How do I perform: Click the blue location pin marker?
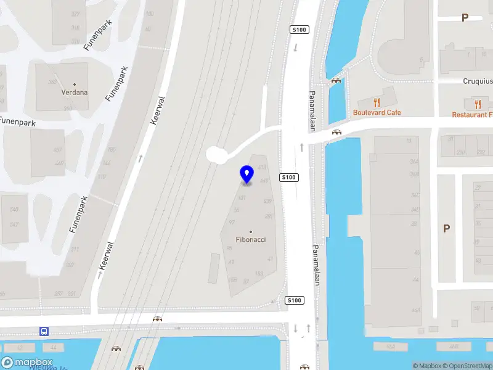coord(247,174)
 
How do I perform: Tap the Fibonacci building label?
coord(251,239)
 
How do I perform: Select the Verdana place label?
coord(75,92)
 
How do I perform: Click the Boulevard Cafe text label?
coord(377,113)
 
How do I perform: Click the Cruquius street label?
coord(478,81)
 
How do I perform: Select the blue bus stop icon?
coord(44,331)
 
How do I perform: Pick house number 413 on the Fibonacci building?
coord(262,168)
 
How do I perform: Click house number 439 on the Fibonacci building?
coord(267,202)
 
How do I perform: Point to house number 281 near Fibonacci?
coord(269,216)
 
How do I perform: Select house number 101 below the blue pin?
coord(242,198)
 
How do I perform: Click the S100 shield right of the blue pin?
coord(288,178)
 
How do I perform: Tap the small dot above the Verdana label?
coord(75,84)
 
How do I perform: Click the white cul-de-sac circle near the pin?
coord(216,154)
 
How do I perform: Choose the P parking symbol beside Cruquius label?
coord(465,18)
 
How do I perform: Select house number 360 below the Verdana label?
coord(68,109)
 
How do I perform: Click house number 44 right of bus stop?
coord(54,348)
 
